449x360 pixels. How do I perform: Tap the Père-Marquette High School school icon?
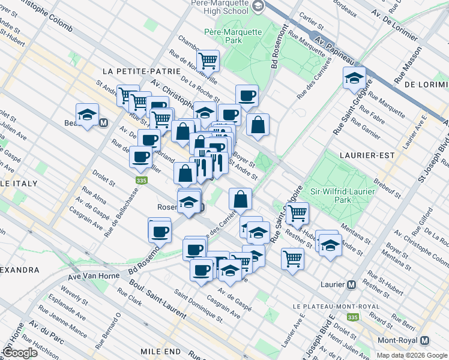pos(258,7)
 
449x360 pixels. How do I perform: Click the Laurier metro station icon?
pos(352,284)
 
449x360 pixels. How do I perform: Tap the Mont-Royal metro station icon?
pos(425,340)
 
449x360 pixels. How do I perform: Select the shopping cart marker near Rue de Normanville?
pos(208,60)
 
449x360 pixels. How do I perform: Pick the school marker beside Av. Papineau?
pos(355,77)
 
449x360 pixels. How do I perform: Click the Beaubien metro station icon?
pos(103,123)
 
